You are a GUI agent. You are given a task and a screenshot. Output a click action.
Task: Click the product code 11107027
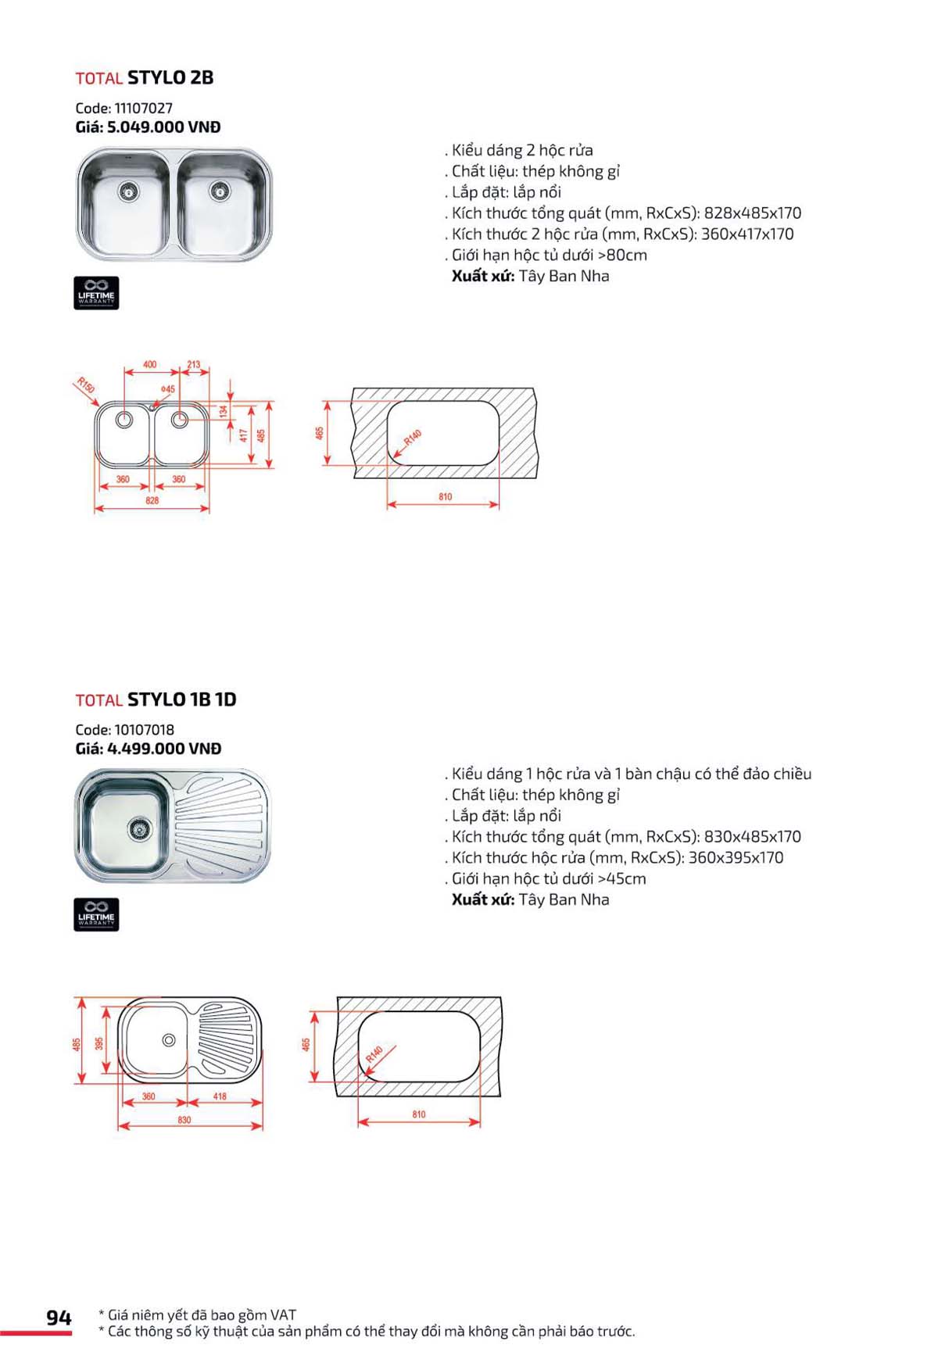coord(143,108)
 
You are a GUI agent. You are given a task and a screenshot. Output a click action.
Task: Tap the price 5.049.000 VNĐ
coord(163,127)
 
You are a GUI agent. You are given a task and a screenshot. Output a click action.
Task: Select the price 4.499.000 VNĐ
coord(163,749)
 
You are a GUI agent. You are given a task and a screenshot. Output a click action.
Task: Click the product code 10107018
coord(144,730)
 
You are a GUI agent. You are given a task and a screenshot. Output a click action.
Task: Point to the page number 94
coord(59,1318)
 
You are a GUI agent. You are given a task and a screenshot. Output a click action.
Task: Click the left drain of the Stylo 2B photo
coord(127,190)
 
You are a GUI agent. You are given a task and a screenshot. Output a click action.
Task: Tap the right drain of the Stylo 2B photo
coord(219,189)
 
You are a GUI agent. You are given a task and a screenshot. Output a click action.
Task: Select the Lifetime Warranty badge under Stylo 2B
coord(96,293)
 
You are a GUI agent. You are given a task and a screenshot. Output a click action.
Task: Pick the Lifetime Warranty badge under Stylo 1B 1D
coord(96,915)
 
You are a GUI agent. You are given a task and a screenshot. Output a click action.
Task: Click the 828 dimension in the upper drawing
coord(152,500)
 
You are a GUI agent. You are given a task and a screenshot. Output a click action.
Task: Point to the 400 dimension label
coord(149,364)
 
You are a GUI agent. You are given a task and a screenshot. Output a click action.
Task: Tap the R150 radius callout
coord(86,385)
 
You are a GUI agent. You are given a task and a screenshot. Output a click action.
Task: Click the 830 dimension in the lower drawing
coord(184,1120)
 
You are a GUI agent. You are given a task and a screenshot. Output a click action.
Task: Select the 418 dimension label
coord(220,1096)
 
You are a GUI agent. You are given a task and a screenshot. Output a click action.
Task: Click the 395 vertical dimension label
coord(99,1044)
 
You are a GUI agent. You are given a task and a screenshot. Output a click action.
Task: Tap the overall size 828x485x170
coord(752,213)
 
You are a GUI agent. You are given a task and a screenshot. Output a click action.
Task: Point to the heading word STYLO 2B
coord(170,77)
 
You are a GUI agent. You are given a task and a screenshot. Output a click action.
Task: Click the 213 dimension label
coord(194,364)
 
